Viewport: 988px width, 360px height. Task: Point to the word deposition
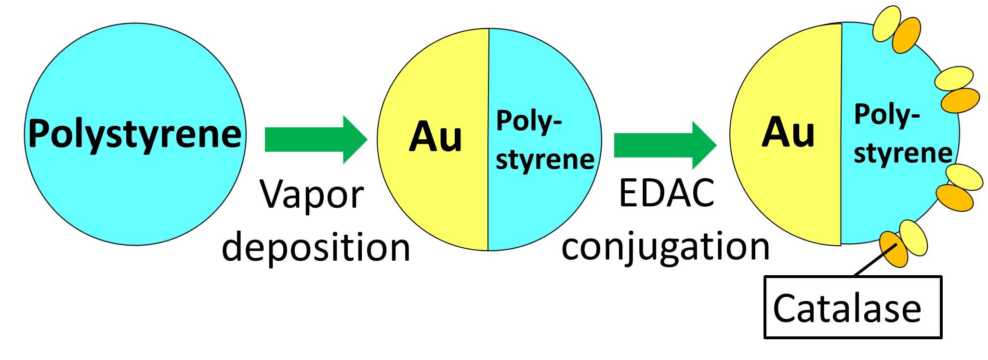tap(316, 247)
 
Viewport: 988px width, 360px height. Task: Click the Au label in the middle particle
tap(435, 137)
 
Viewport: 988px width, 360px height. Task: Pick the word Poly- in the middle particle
tap(529, 121)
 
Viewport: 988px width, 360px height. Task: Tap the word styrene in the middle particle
tap(545, 160)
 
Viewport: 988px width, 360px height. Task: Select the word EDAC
tap(667, 193)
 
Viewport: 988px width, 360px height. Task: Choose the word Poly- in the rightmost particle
tap(887, 115)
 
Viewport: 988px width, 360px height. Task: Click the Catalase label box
tap(852, 307)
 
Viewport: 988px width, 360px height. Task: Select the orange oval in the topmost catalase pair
tap(907, 35)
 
